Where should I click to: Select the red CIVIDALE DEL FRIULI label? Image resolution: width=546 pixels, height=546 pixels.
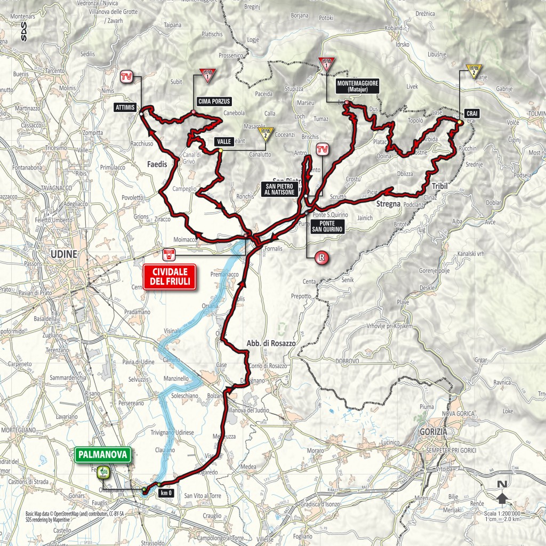(x=170, y=277)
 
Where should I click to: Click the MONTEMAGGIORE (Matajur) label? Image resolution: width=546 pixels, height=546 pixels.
(x=358, y=86)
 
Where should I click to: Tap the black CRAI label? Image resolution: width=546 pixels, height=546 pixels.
(x=471, y=113)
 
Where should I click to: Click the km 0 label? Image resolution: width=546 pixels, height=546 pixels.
(x=166, y=494)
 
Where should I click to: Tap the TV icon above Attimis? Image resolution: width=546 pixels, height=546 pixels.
(x=126, y=76)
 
